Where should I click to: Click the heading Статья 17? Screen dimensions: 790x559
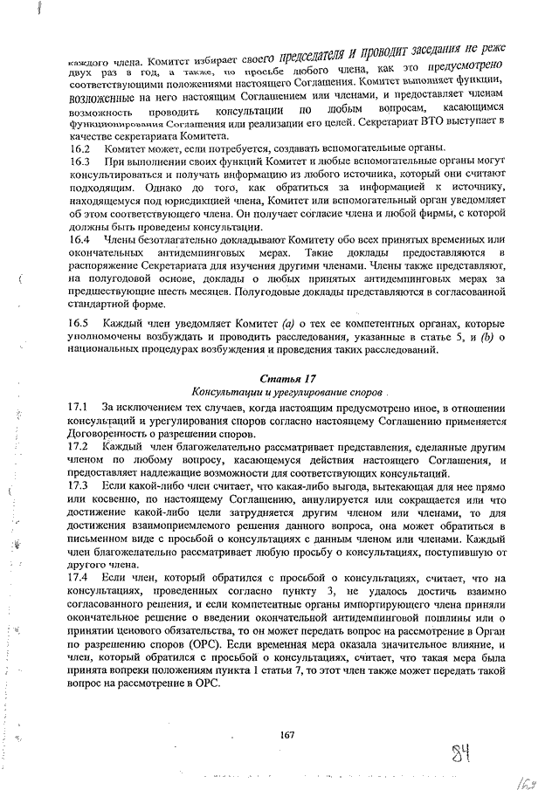coord(287,378)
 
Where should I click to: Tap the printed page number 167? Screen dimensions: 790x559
coord(286,734)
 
